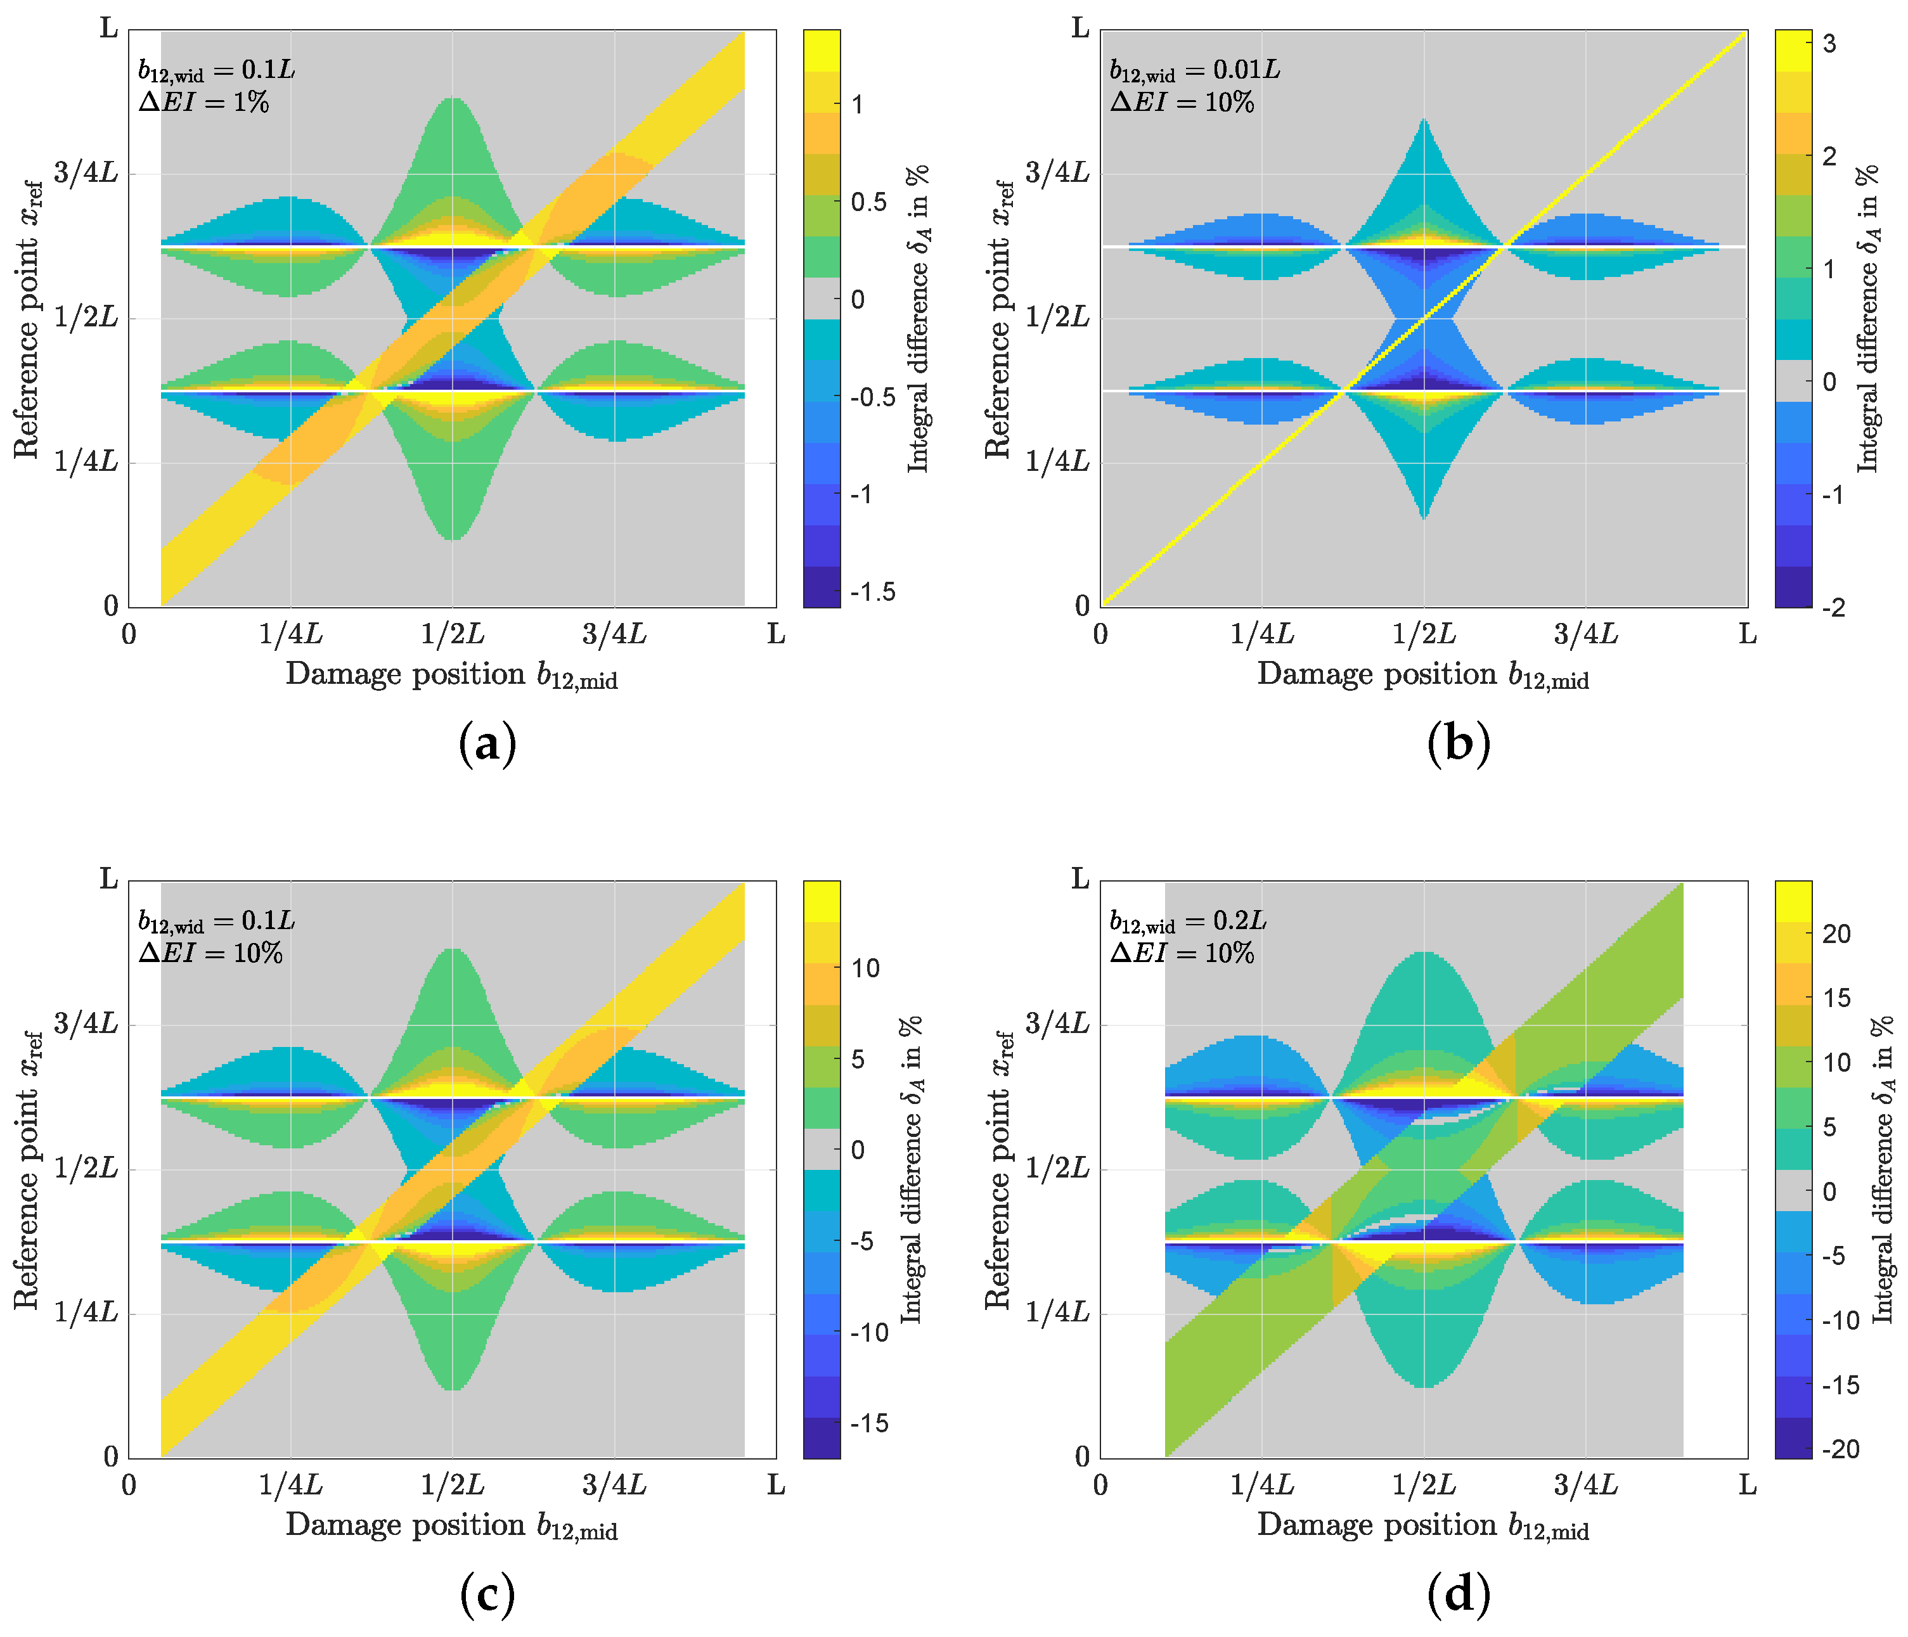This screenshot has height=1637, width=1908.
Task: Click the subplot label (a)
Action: coord(487,743)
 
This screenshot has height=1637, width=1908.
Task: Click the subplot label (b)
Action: coord(1459,743)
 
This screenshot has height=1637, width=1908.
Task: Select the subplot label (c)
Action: coord(487,1594)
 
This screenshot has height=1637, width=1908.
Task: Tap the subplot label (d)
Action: coord(1459,1594)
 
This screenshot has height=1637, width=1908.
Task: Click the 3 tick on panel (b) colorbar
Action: coord(1829,44)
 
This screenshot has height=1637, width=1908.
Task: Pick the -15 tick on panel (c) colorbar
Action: coord(869,1423)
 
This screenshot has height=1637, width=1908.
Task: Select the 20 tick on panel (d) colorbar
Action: coord(1836,934)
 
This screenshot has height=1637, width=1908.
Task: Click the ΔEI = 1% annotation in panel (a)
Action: coord(203,101)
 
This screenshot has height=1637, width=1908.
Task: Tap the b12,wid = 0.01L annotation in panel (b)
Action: coord(1194,70)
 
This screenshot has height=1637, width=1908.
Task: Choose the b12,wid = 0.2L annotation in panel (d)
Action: coord(1188,921)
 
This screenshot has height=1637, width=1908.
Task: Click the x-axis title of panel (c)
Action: coord(451,1525)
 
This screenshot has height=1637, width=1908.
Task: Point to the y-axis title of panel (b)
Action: coord(998,319)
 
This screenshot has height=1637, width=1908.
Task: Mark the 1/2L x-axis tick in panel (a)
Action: coord(452,634)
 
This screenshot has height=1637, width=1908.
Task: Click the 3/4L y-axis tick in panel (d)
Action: coord(1057,1023)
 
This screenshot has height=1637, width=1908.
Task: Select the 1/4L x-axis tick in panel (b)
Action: coord(1263,634)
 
